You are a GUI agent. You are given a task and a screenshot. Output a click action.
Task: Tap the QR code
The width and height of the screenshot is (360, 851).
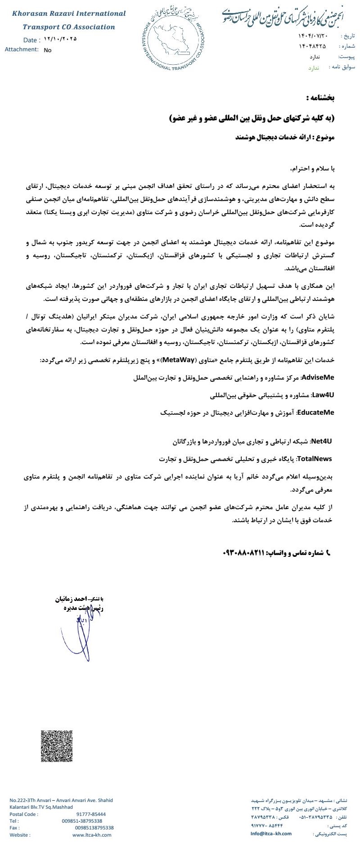pyautogui.click(x=57, y=746)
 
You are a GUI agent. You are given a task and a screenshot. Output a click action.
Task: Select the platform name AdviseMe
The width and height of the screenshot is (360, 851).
pyautogui.click(x=318, y=377)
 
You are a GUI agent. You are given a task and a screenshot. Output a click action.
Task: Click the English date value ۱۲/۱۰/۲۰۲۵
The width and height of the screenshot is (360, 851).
pyautogui.click(x=61, y=39)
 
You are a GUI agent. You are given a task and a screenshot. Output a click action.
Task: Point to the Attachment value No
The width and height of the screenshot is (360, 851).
pyautogui.click(x=48, y=50)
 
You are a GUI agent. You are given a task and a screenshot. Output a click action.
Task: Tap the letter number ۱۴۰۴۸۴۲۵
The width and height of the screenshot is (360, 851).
pyautogui.click(x=312, y=46)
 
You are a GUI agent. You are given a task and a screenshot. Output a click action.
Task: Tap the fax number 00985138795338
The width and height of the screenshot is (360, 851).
pyautogui.click(x=94, y=828)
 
